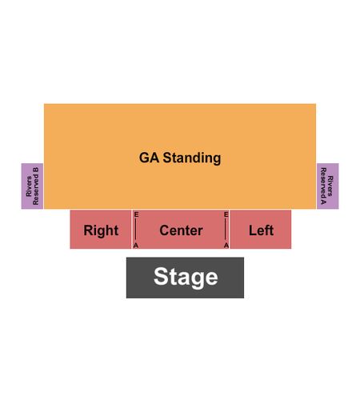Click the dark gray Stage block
[185, 278]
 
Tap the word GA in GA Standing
[149, 158]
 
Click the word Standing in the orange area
[192, 158]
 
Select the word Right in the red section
[101, 230]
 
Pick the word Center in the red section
[181, 230]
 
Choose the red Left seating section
[261, 230]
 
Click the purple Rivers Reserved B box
[32, 186]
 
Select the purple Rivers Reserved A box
[328, 186]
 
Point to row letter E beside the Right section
[136, 214]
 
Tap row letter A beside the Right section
[136, 246]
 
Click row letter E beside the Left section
[226, 214]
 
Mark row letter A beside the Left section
[226, 246]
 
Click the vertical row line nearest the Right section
[136, 230]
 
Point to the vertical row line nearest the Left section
[226, 230]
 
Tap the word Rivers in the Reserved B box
[29, 186]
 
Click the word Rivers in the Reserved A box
[330, 186]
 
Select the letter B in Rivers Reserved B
[36, 170]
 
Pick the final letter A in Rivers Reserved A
[323, 202]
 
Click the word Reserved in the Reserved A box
[323, 182]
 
